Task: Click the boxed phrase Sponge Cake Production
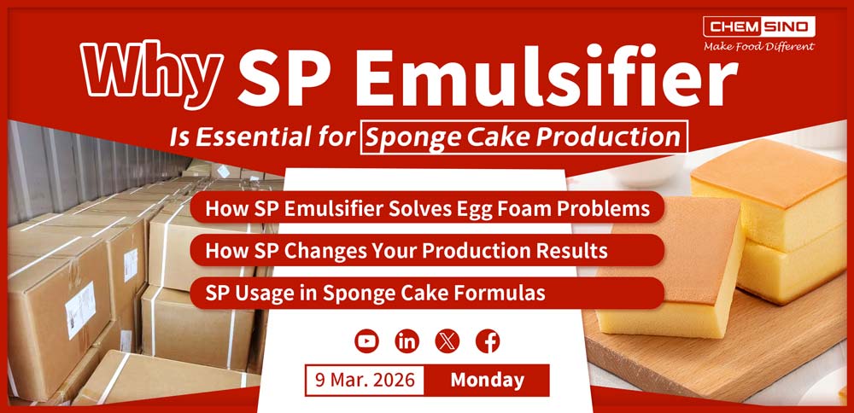coord(524,137)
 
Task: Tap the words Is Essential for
coord(291,137)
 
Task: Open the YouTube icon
coord(366,341)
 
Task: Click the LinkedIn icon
coord(407,341)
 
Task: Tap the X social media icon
coord(447,341)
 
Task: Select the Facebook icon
coord(488,341)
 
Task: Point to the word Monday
coord(488,379)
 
